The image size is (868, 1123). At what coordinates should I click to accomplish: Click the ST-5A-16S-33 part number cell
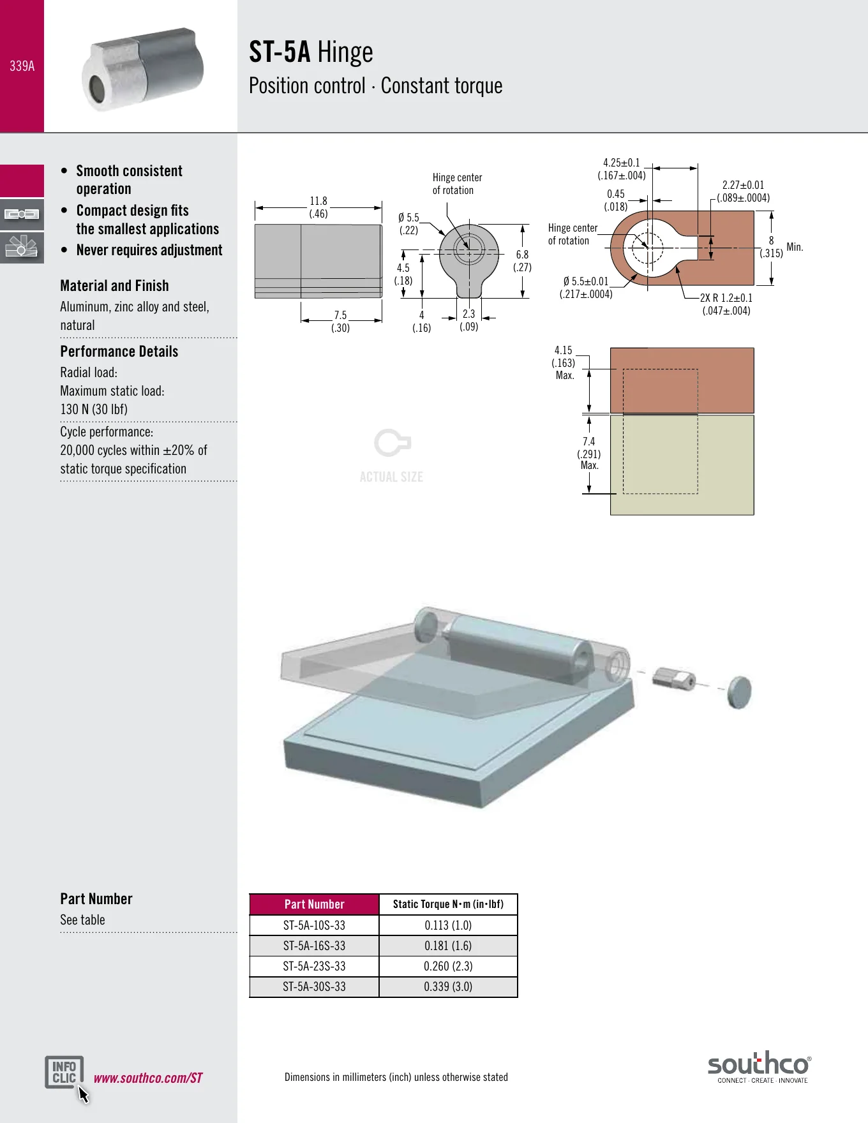(x=314, y=946)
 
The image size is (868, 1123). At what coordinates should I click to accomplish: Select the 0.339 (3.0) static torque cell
(x=448, y=986)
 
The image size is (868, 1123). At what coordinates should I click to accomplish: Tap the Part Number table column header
(x=314, y=904)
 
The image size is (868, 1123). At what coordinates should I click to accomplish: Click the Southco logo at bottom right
(x=759, y=1067)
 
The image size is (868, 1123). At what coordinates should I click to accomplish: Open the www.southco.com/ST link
(x=148, y=1078)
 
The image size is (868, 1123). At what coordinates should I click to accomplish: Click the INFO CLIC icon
(x=64, y=1073)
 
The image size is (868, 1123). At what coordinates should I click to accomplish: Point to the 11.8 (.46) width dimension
(x=318, y=207)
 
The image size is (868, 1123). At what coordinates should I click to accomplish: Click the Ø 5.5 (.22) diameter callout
(x=408, y=224)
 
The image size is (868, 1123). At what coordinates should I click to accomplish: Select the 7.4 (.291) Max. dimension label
(x=589, y=454)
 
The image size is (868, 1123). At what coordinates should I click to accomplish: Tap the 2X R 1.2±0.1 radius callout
(x=726, y=304)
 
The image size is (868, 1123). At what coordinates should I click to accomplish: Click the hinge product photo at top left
(x=143, y=69)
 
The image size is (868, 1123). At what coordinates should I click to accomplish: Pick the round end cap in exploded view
(x=739, y=692)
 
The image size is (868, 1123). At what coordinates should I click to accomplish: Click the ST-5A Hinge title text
(x=311, y=52)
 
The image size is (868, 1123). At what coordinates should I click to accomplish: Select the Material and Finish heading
(x=115, y=286)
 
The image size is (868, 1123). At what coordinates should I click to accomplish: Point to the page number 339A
(x=22, y=66)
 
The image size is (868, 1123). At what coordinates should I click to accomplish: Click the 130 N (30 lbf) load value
(x=94, y=410)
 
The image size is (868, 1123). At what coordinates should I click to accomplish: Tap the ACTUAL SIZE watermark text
(x=391, y=477)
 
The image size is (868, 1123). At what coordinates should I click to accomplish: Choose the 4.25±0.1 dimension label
(x=622, y=169)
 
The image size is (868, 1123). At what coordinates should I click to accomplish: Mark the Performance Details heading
(x=119, y=352)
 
